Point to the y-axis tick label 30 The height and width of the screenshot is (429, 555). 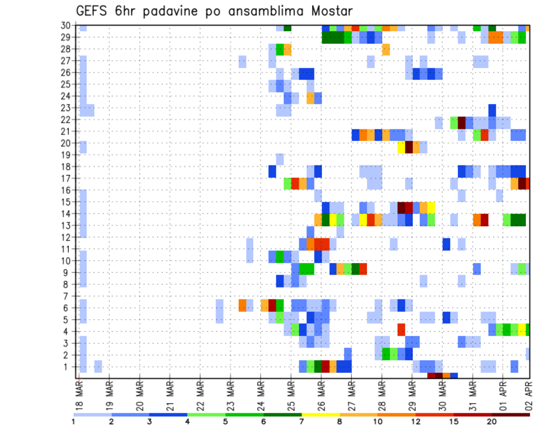[66, 25]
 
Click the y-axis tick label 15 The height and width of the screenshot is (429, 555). [66, 202]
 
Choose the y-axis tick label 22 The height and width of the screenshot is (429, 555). [66, 120]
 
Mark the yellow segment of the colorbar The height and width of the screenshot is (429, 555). [320, 414]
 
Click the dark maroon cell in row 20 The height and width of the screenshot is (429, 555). [409, 146]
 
